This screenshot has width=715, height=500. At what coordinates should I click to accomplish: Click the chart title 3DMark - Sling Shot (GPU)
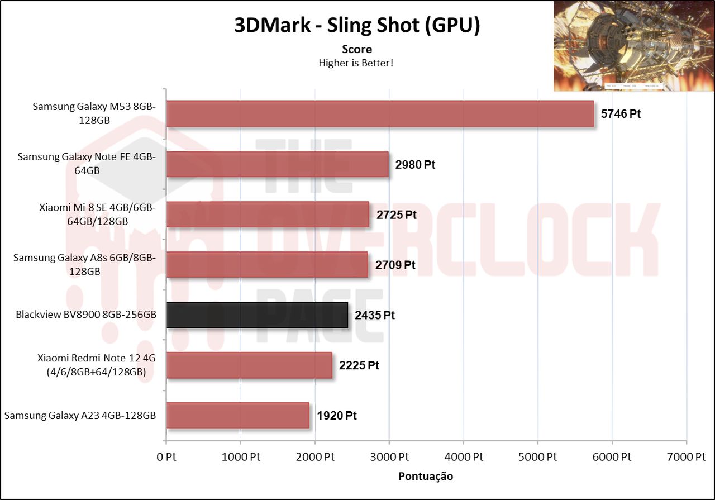[356, 26]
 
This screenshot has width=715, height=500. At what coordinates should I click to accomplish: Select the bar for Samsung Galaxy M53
[380, 114]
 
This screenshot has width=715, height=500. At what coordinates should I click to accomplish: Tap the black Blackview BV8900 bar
[257, 315]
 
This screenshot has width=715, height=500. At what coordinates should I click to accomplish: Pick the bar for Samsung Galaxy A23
[237, 416]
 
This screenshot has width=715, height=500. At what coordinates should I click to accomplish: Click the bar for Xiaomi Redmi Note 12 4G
[249, 365]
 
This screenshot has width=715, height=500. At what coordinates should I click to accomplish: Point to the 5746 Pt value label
[620, 114]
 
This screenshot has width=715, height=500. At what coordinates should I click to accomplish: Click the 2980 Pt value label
[415, 164]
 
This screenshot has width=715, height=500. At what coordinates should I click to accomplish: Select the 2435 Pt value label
[374, 315]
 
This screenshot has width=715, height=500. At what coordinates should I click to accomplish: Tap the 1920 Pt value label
[336, 416]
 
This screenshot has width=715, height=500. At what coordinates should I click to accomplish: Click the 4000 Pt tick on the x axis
[463, 457]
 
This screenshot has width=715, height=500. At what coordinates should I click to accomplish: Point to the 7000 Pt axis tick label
[686, 457]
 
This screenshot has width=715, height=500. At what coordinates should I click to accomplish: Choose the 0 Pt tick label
[166, 457]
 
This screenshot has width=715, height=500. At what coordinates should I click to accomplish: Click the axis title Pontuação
[426, 477]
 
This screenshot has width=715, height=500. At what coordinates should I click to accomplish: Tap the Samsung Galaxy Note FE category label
[87, 164]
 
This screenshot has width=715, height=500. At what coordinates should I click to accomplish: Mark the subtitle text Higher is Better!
[356, 63]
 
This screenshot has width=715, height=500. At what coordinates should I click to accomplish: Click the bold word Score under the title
[356, 49]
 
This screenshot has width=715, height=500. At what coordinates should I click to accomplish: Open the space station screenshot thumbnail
[633, 46]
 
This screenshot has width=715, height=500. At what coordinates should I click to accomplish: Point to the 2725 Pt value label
[396, 215]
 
